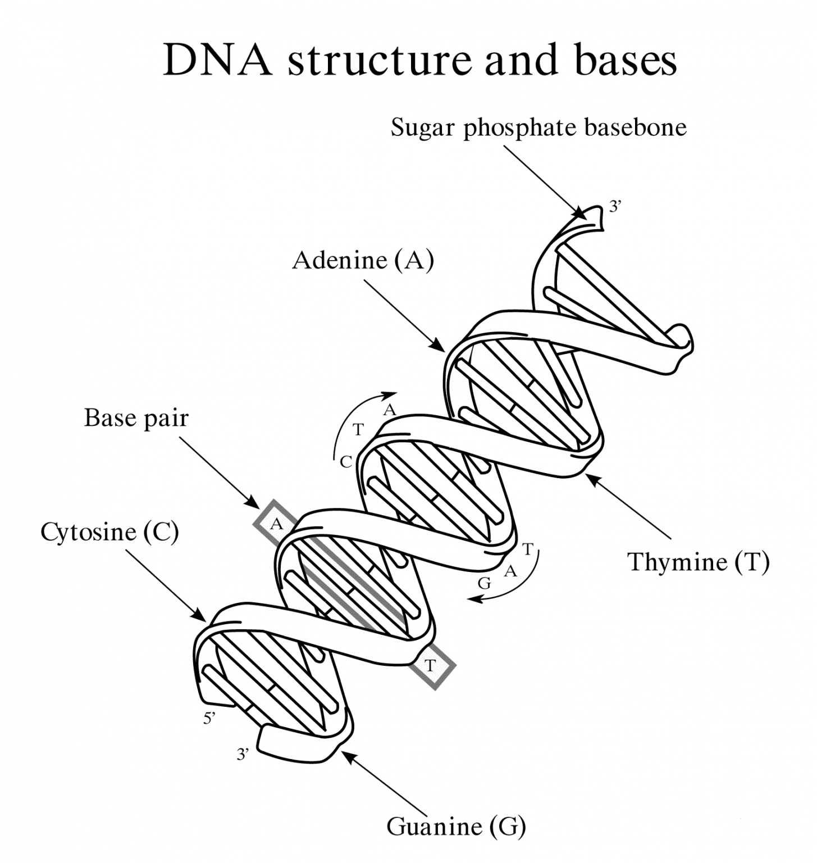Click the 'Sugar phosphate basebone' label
point(538,128)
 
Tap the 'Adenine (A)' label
point(363,261)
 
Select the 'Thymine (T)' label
point(699,562)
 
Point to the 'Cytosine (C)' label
point(109,532)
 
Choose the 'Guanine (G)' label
point(456,826)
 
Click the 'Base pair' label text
point(136,418)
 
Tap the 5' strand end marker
point(209,717)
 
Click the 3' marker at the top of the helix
point(615,207)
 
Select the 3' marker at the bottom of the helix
point(243,754)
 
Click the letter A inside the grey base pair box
point(276,524)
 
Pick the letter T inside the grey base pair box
point(430,666)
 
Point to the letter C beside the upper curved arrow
point(346,462)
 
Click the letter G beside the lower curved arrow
point(484,584)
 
